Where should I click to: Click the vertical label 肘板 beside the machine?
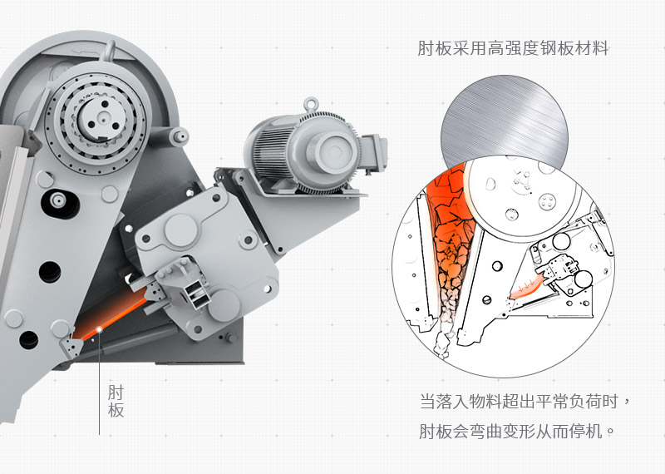pyautogui.click(x=116, y=401)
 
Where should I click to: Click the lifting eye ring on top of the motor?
pyautogui.click(x=312, y=105)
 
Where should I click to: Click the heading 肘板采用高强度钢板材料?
pyautogui.click(x=513, y=49)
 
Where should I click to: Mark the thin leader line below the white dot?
pyautogui.click(x=100, y=383)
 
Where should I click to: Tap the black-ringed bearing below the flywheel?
pyautogui.click(x=57, y=201)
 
